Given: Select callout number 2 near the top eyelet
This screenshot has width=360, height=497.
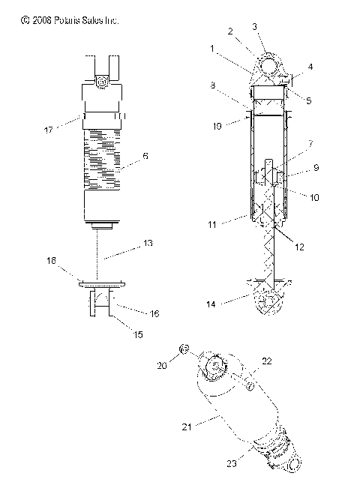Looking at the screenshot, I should pyautogui.click(x=231, y=31).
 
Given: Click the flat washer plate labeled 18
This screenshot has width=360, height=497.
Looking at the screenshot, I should pyautogui.click(x=100, y=282).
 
